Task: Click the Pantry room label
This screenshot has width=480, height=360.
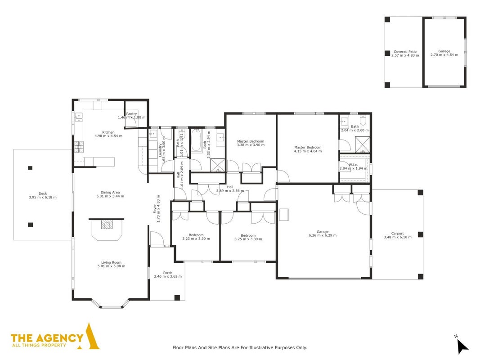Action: (x=132, y=114)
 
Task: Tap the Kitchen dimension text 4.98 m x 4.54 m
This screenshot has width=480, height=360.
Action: (x=108, y=136)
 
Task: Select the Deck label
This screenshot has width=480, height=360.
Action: (x=43, y=193)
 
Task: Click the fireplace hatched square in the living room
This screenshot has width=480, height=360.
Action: (x=107, y=225)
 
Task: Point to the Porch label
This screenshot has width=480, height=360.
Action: (x=168, y=273)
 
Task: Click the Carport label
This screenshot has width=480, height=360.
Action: (x=398, y=233)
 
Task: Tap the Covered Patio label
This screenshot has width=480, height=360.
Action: (x=405, y=52)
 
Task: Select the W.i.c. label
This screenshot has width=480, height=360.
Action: (x=353, y=165)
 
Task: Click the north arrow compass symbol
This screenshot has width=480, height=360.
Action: (x=462, y=346)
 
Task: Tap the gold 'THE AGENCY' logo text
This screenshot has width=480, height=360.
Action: (x=47, y=338)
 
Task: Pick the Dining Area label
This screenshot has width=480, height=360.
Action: (x=110, y=193)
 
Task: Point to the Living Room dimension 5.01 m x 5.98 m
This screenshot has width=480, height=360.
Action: (x=112, y=266)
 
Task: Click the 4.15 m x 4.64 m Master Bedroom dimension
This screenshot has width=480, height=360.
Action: (x=308, y=151)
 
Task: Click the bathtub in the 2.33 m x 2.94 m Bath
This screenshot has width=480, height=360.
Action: (x=196, y=140)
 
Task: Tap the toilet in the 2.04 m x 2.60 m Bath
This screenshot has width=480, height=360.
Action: (x=363, y=120)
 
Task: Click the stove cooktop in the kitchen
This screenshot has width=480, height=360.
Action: (x=79, y=147)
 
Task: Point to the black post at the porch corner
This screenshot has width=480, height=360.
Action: (x=177, y=297)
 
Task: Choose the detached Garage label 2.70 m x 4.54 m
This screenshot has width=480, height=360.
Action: (x=444, y=53)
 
